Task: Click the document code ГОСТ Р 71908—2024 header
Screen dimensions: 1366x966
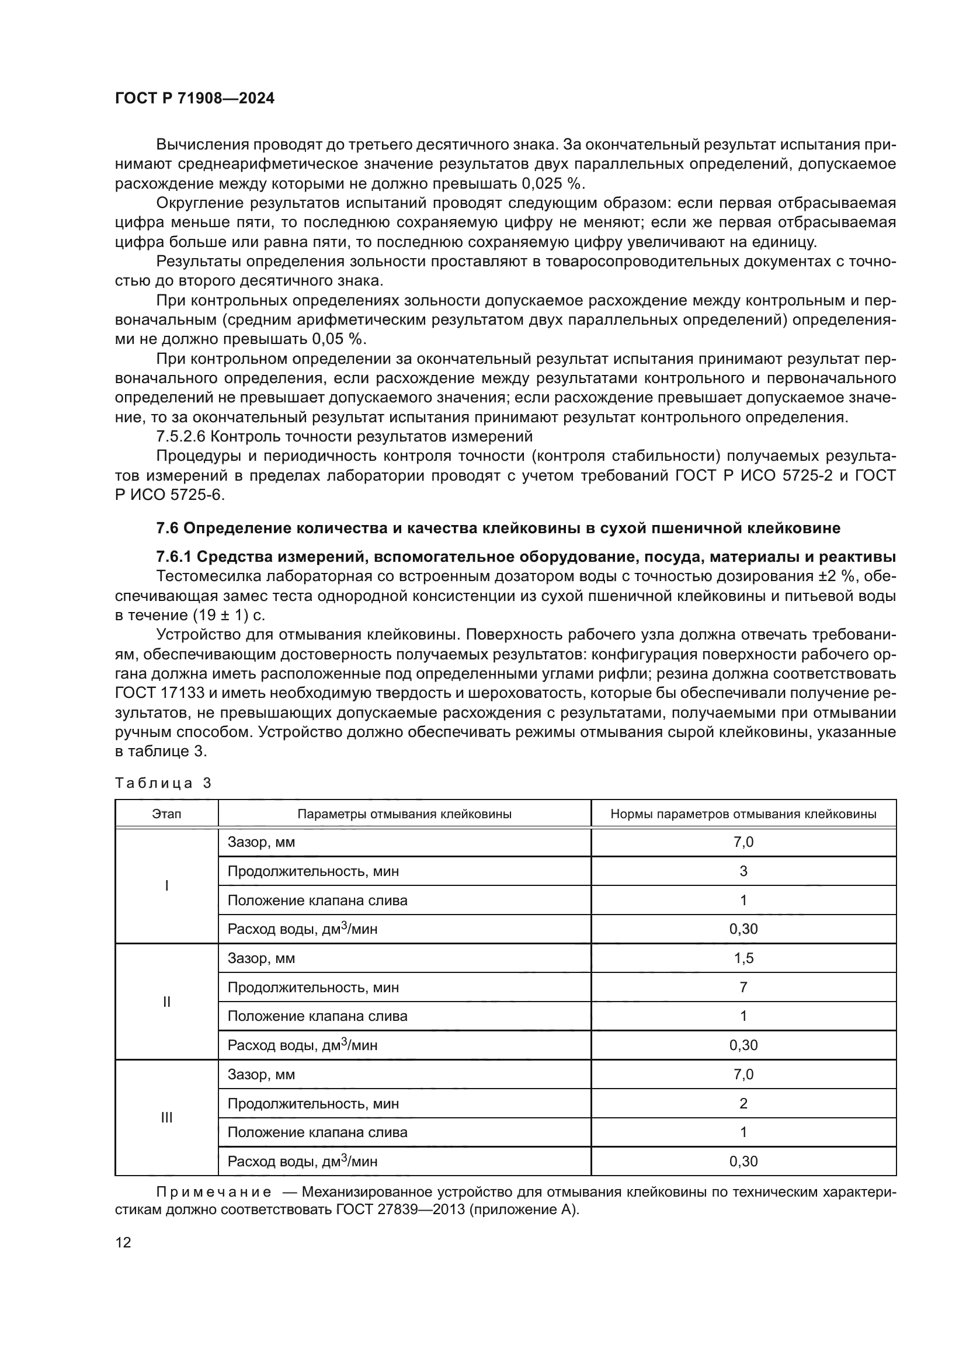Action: click(x=194, y=99)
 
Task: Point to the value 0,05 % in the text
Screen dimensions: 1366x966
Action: click(x=337, y=339)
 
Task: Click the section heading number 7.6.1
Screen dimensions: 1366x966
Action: click(x=173, y=557)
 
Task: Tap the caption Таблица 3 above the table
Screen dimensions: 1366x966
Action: click(x=163, y=783)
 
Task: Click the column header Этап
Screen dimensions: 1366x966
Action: click(x=166, y=814)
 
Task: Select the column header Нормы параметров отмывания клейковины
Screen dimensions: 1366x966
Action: click(x=743, y=814)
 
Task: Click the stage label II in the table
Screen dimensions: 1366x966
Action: click(x=166, y=1002)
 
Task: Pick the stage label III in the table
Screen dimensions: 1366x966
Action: click(x=166, y=1118)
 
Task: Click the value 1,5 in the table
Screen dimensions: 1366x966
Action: click(x=743, y=958)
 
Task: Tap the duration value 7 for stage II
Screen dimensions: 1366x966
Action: click(x=743, y=988)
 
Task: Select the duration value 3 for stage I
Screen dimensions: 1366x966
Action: click(x=743, y=871)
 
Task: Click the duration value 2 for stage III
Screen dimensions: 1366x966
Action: click(x=743, y=1104)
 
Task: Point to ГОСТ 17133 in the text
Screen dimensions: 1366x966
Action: click(x=159, y=693)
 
